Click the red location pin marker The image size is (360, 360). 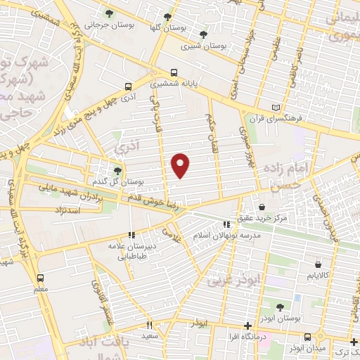click(181, 165)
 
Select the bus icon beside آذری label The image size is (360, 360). click(127, 87)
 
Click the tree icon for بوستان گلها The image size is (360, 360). click(167, 18)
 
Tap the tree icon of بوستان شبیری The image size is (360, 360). click(203, 34)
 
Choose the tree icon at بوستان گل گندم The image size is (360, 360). click(117, 171)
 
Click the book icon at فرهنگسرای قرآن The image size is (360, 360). click(275, 108)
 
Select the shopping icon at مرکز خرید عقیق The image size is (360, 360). click(262, 208)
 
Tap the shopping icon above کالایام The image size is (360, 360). click(319, 265)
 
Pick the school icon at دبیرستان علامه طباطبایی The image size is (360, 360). click(130, 236)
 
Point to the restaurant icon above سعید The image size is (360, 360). click(148, 325)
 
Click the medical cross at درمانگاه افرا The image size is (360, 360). click(247, 325)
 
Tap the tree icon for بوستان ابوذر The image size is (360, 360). click(280, 307)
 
